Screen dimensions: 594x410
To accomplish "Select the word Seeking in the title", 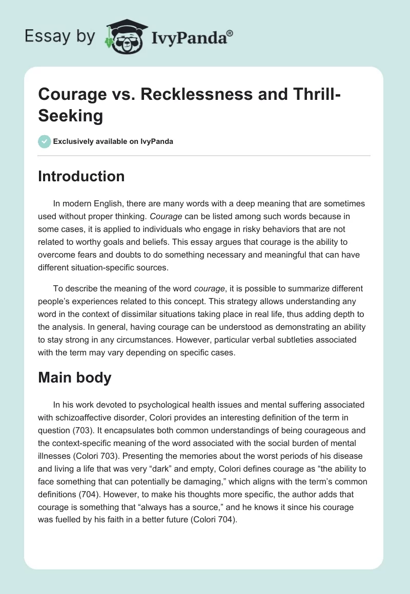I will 71,115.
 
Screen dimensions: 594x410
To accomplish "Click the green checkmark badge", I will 45,141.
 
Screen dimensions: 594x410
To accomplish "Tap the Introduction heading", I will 81,176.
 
